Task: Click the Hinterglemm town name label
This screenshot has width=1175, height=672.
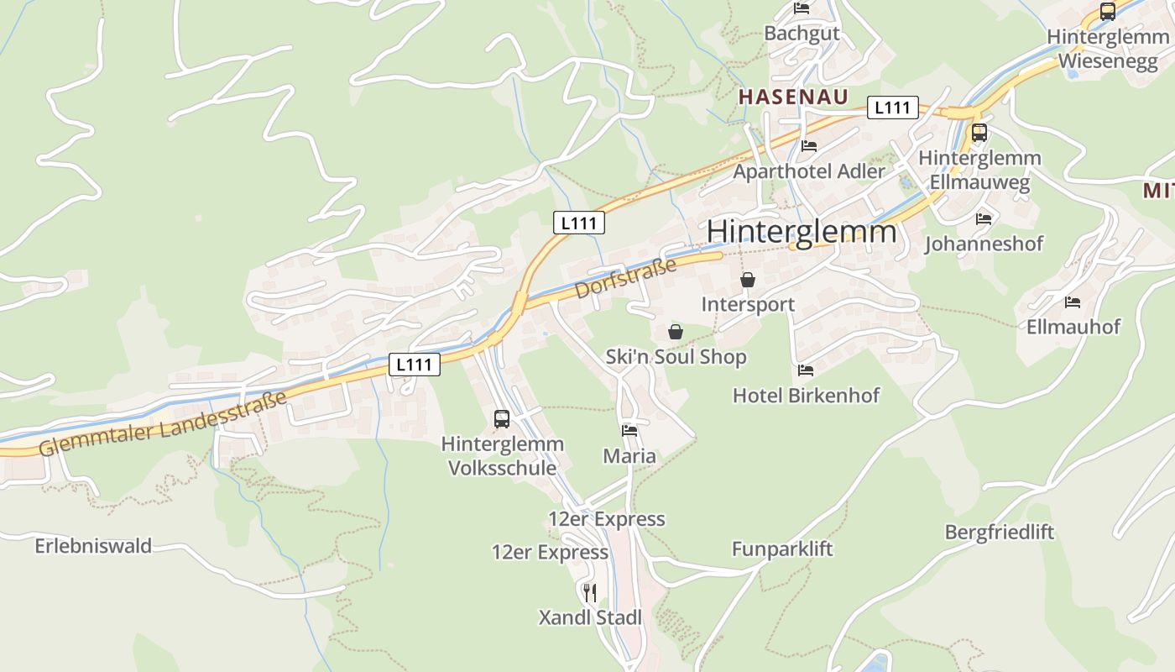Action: click(x=802, y=231)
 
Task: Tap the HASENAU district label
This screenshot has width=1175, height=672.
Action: click(x=793, y=97)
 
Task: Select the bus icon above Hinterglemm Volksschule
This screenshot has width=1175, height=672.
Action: click(x=502, y=418)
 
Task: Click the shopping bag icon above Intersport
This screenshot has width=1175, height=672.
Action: click(x=748, y=280)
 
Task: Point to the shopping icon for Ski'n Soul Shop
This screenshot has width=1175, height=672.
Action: click(x=676, y=333)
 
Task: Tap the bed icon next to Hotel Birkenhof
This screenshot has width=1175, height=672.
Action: click(x=806, y=370)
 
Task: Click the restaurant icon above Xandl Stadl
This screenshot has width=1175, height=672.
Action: click(x=590, y=593)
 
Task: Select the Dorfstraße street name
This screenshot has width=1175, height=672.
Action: click(x=626, y=279)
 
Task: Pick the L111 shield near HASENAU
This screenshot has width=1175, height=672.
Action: click(x=892, y=108)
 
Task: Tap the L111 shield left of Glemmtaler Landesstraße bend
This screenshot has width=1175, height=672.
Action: click(x=415, y=365)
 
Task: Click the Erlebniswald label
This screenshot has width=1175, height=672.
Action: click(x=93, y=546)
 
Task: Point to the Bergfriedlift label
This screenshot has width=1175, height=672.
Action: click(x=999, y=533)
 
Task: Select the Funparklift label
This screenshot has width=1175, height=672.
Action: click(x=782, y=549)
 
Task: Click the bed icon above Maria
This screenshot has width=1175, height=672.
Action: click(x=629, y=431)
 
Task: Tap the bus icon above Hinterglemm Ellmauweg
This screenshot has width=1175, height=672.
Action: click(x=979, y=133)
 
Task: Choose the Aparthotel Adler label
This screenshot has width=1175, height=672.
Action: click(x=809, y=171)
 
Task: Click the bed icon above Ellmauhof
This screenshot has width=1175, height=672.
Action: click(x=1073, y=302)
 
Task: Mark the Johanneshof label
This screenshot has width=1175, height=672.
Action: click(x=984, y=244)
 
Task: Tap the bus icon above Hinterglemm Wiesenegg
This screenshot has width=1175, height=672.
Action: click(x=1108, y=12)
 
